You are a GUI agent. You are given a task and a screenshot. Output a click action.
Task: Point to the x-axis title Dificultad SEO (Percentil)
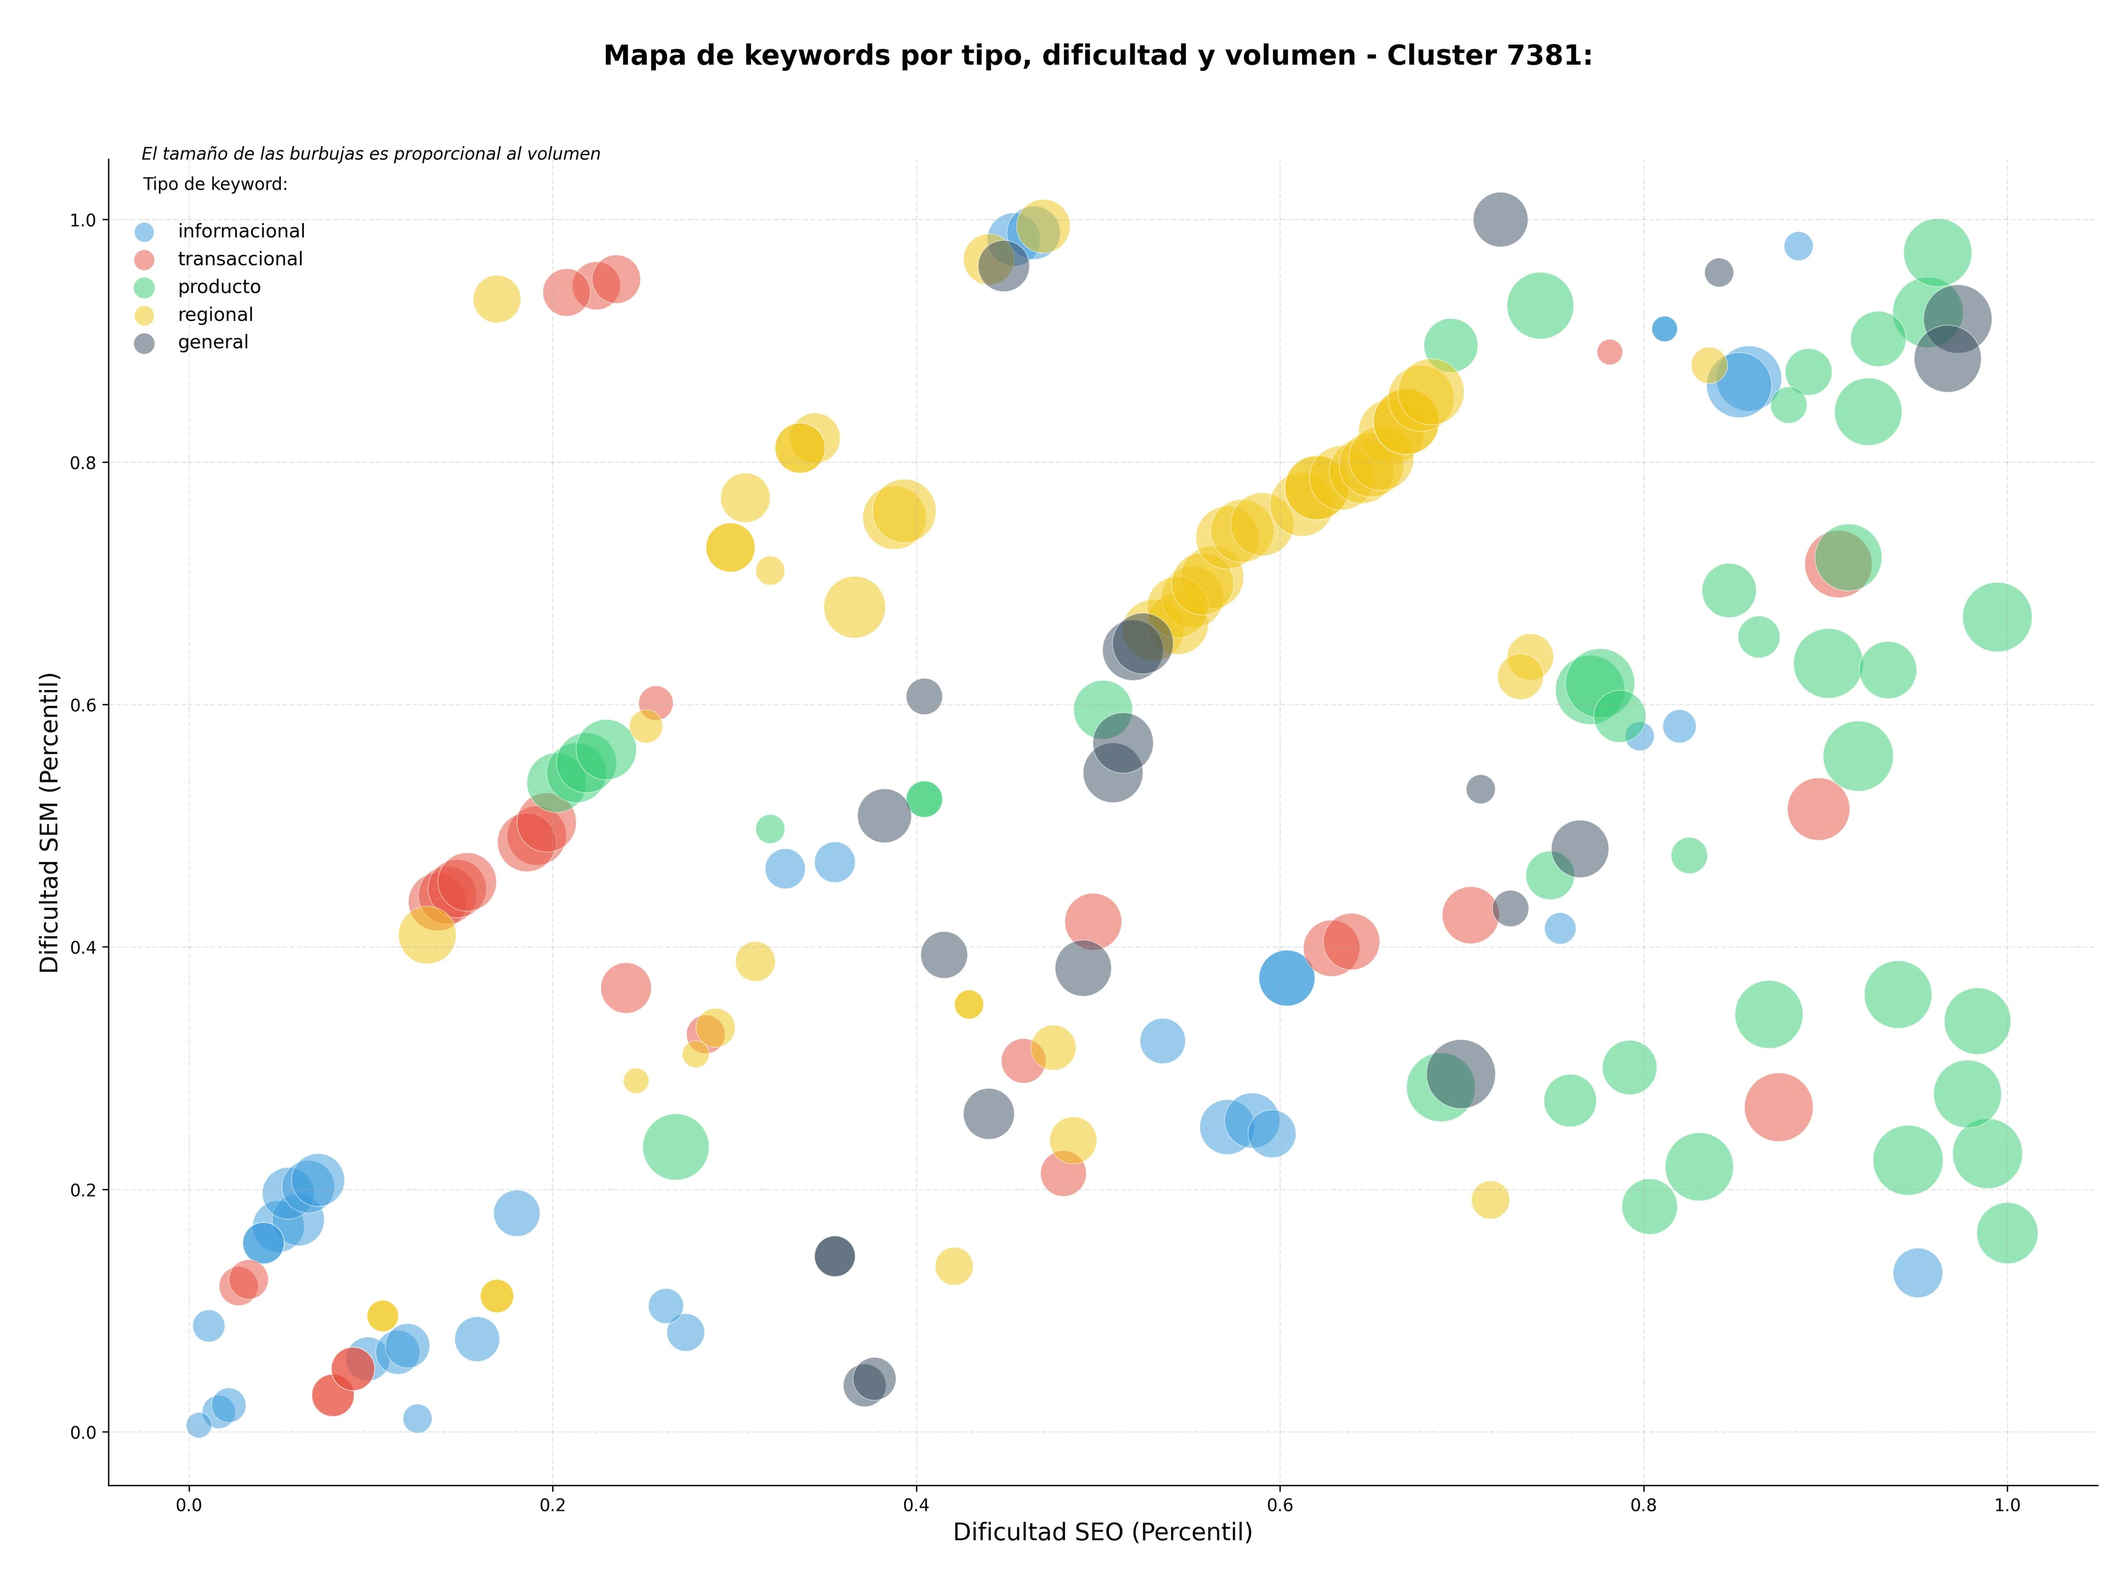1103,1532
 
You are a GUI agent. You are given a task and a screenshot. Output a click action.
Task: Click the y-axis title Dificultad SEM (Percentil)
49,822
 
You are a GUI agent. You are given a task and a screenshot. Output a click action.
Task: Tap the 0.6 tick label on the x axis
1280,1506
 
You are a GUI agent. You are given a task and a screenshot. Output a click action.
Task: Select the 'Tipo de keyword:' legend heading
215,184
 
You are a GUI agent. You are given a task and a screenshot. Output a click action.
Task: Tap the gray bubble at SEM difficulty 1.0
1501,219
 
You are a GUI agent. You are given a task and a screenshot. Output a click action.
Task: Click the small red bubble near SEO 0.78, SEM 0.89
1609,352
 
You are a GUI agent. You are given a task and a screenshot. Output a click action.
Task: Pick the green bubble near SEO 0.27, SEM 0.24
675,1146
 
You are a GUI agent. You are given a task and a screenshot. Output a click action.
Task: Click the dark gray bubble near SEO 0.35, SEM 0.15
835,1256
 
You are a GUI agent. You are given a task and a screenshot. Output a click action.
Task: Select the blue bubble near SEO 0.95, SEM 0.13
1917,1272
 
